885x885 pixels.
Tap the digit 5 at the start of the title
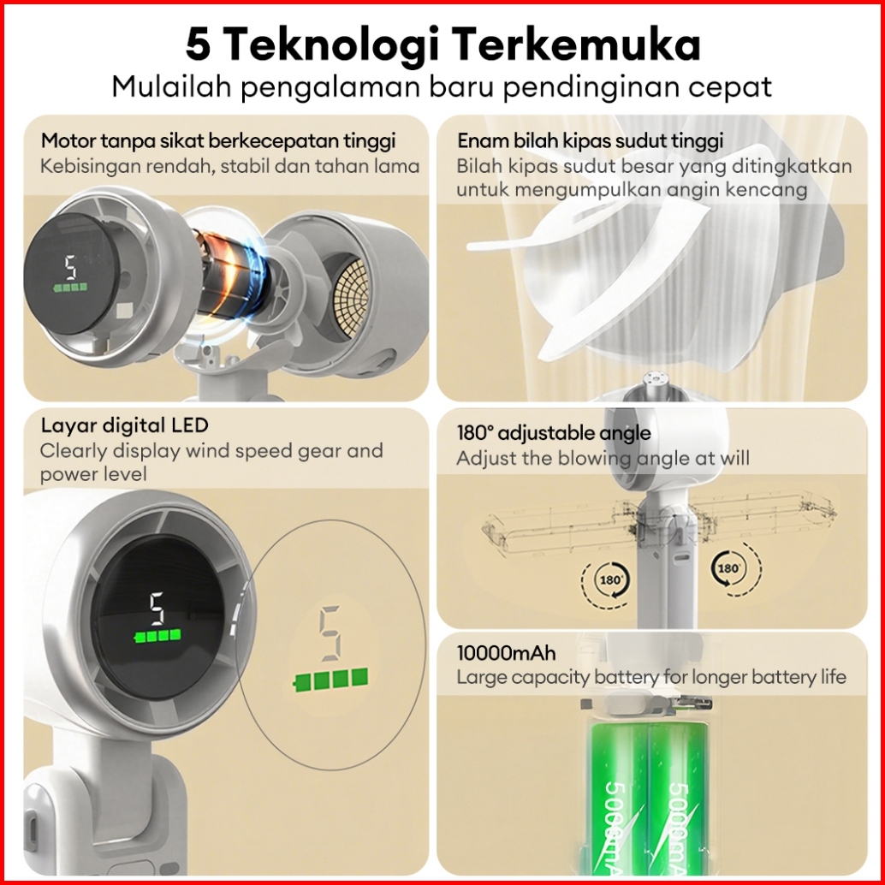(198, 45)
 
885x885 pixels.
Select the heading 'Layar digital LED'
(125, 425)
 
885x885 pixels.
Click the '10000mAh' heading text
(506, 653)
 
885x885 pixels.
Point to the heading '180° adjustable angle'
(554, 433)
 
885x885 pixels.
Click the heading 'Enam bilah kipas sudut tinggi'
(591, 140)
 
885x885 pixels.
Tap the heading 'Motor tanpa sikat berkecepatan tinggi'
(218, 140)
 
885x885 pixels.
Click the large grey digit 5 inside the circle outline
(330, 633)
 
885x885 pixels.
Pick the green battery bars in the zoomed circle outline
(331, 680)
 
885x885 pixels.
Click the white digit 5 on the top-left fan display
(70, 268)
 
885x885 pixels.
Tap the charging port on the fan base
(33, 828)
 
